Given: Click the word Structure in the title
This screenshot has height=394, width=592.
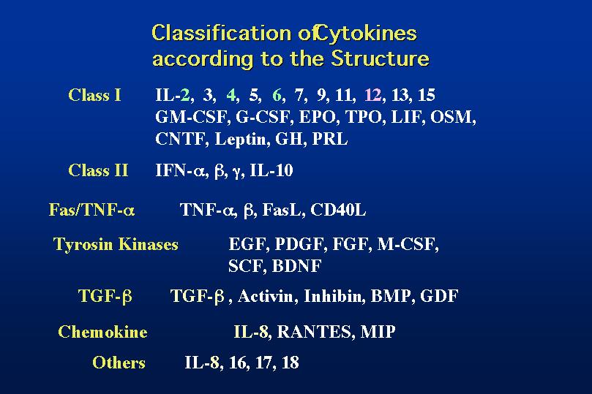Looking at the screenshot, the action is [x=381, y=58].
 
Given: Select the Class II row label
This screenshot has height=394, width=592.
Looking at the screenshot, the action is [x=98, y=170].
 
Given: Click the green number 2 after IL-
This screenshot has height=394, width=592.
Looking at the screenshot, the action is [x=185, y=95].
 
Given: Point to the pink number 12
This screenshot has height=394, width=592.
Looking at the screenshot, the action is [x=373, y=95].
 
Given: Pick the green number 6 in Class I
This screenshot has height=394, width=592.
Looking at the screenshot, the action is [x=277, y=95].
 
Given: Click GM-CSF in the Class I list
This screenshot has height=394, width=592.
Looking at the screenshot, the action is [x=191, y=117].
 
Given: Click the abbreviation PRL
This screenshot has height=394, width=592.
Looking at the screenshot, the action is [x=329, y=139].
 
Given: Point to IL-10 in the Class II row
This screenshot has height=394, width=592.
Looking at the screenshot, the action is [x=271, y=170].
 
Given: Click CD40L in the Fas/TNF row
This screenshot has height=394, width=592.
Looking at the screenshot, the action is [x=338, y=210].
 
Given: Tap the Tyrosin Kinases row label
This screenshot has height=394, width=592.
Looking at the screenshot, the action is [x=116, y=244].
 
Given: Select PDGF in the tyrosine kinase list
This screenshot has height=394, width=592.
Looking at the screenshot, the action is [x=299, y=244].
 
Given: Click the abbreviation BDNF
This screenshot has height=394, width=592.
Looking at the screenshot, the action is [x=297, y=266].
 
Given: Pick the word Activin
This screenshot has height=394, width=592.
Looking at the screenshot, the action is [x=265, y=296].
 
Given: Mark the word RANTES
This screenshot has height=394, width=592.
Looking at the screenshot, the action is [x=314, y=332].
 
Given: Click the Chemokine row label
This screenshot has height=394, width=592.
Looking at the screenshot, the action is [x=102, y=332].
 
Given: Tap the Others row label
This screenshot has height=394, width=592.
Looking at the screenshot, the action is [x=119, y=363].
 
